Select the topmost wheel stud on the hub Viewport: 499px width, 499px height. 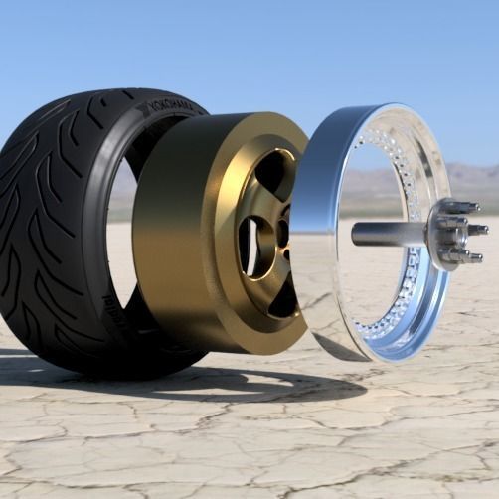456,207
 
